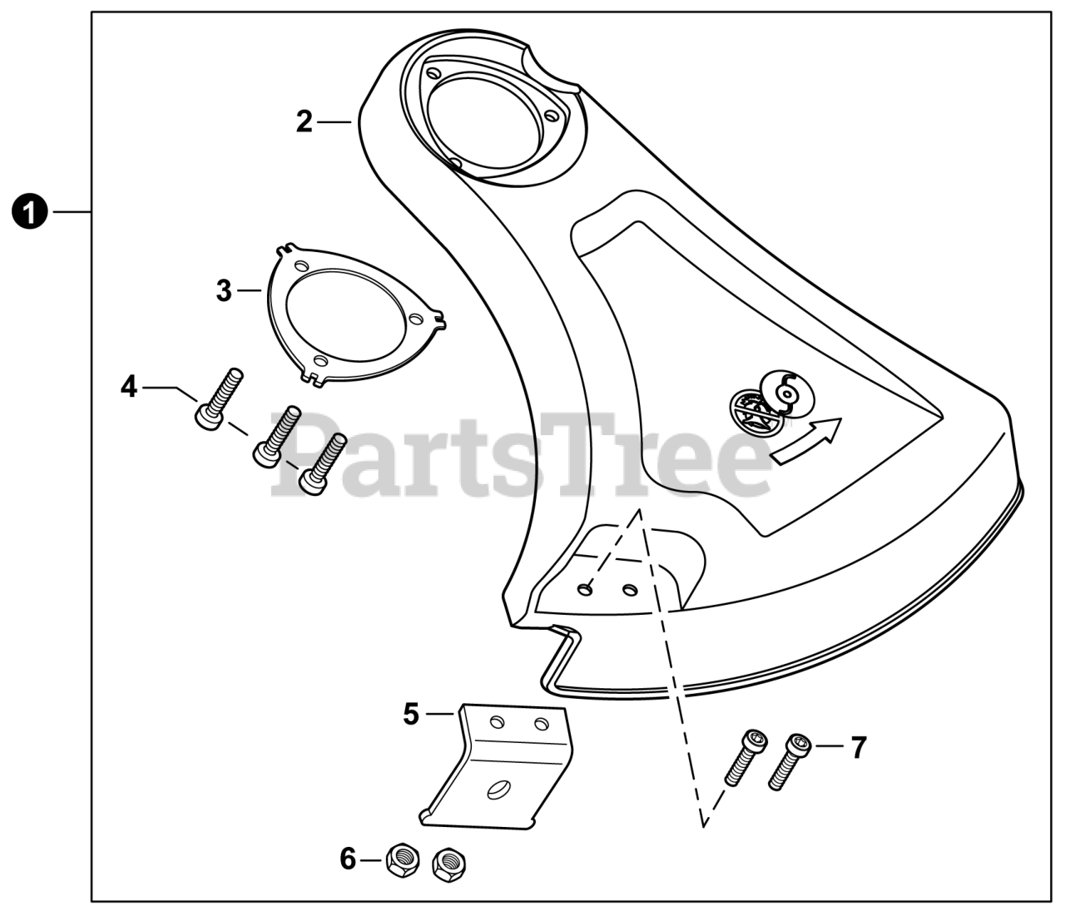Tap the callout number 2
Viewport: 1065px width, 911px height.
point(305,122)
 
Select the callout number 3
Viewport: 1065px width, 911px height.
point(224,291)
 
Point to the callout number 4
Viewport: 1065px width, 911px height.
point(129,386)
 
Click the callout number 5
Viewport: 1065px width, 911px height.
point(411,714)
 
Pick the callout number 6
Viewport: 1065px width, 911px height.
point(349,858)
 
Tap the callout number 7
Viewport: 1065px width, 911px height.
point(858,746)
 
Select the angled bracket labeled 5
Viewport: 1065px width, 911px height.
point(498,774)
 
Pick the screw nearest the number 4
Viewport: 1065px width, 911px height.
point(219,398)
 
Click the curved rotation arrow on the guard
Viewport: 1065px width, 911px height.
point(807,440)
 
